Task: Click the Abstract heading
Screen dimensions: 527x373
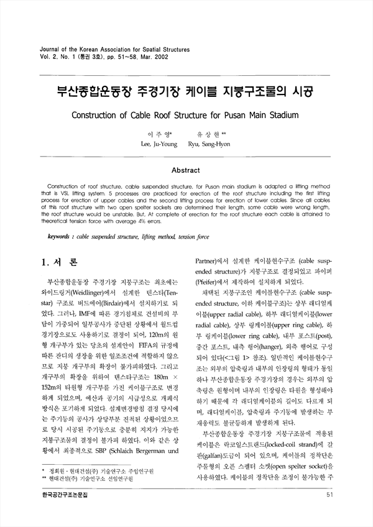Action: click(186, 170)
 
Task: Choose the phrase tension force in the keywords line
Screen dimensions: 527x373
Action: click(191, 237)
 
